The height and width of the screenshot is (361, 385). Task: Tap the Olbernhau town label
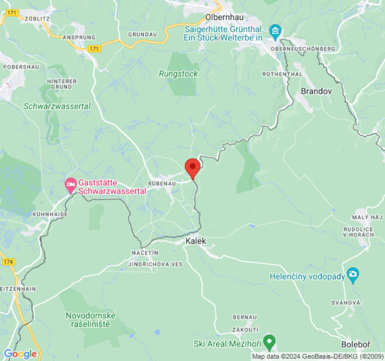(224, 17)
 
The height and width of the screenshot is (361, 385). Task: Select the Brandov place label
(316, 91)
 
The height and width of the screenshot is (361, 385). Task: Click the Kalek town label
(195, 241)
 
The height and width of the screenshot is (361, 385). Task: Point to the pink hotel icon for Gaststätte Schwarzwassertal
(70, 184)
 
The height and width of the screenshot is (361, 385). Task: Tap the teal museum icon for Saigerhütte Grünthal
(274, 32)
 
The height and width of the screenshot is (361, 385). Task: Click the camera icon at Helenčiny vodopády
(353, 274)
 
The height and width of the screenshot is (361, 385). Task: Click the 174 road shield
(9, 261)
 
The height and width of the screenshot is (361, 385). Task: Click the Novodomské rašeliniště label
(90, 320)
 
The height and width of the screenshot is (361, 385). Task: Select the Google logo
(20, 354)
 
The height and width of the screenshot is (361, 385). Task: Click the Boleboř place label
(356, 345)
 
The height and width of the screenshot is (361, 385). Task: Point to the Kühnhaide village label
(50, 214)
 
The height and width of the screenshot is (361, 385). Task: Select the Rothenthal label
(282, 74)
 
